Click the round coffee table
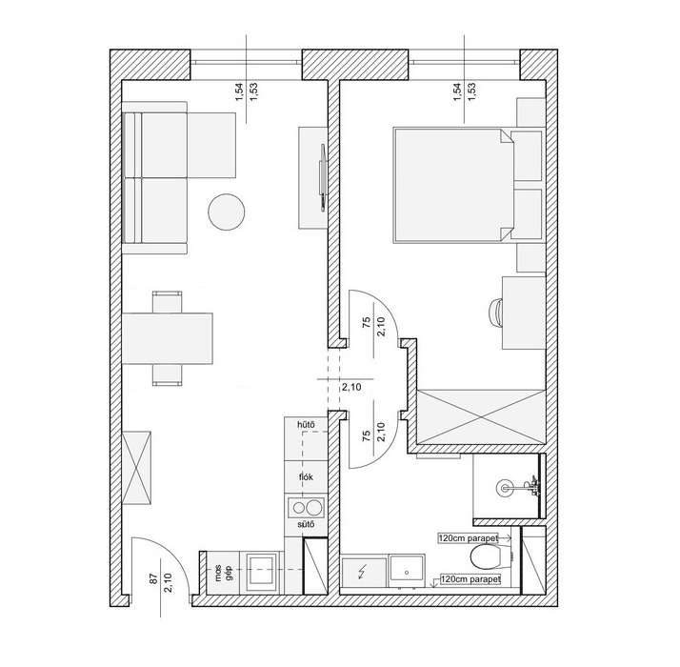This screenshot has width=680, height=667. [227, 212]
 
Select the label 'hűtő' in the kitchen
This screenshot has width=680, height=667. [306, 425]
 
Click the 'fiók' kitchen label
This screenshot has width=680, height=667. [306, 477]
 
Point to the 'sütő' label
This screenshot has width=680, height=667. [306, 525]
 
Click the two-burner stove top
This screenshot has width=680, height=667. [306, 507]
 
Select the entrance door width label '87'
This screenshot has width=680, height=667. [154, 579]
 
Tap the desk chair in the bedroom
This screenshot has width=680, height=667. [495, 313]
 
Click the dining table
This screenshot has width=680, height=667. [168, 338]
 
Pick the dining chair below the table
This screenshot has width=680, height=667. [167, 374]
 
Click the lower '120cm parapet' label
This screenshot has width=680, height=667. [471, 579]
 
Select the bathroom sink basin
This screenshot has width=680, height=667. [408, 570]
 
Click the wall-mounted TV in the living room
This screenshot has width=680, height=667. [323, 178]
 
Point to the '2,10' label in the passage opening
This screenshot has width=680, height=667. [351, 387]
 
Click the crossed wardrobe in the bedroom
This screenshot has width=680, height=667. [480, 417]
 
